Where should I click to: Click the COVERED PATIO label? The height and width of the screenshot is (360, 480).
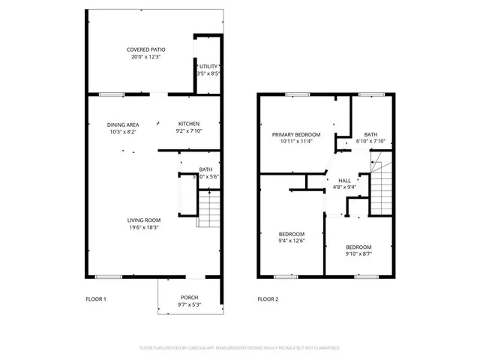click(145, 49)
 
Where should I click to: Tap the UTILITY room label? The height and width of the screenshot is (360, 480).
click(208, 67)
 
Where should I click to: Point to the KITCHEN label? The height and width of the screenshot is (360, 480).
click(188, 124)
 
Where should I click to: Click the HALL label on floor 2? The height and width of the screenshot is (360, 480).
click(344, 181)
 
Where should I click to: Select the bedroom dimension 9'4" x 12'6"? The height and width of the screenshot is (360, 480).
click(292, 241)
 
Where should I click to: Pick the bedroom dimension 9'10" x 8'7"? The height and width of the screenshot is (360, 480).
click(358, 254)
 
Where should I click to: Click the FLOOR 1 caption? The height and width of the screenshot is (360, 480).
click(96, 299)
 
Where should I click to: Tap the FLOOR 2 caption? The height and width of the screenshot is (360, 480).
click(268, 299)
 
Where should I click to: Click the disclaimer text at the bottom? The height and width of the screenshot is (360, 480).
click(240, 348)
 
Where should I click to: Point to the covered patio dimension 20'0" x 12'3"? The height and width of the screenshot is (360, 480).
click(145, 57)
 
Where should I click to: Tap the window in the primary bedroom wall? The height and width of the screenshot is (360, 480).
click(297, 94)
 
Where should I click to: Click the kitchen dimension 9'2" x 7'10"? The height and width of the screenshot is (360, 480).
click(188, 131)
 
